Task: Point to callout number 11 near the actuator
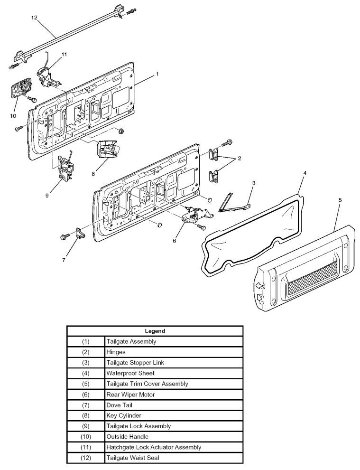(x=65, y=54)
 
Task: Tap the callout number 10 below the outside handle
(x=12, y=115)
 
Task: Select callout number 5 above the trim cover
(x=340, y=200)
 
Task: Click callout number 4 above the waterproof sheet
(x=305, y=173)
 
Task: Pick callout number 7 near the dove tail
(x=64, y=260)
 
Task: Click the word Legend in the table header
(x=155, y=331)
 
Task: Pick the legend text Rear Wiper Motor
(x=130, y=394)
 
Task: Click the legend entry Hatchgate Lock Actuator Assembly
(x=154, y=447)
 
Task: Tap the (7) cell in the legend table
(x=85, y=405)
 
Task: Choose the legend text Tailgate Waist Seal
(x=132, y=458)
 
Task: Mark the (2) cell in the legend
(x=85, y=352)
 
